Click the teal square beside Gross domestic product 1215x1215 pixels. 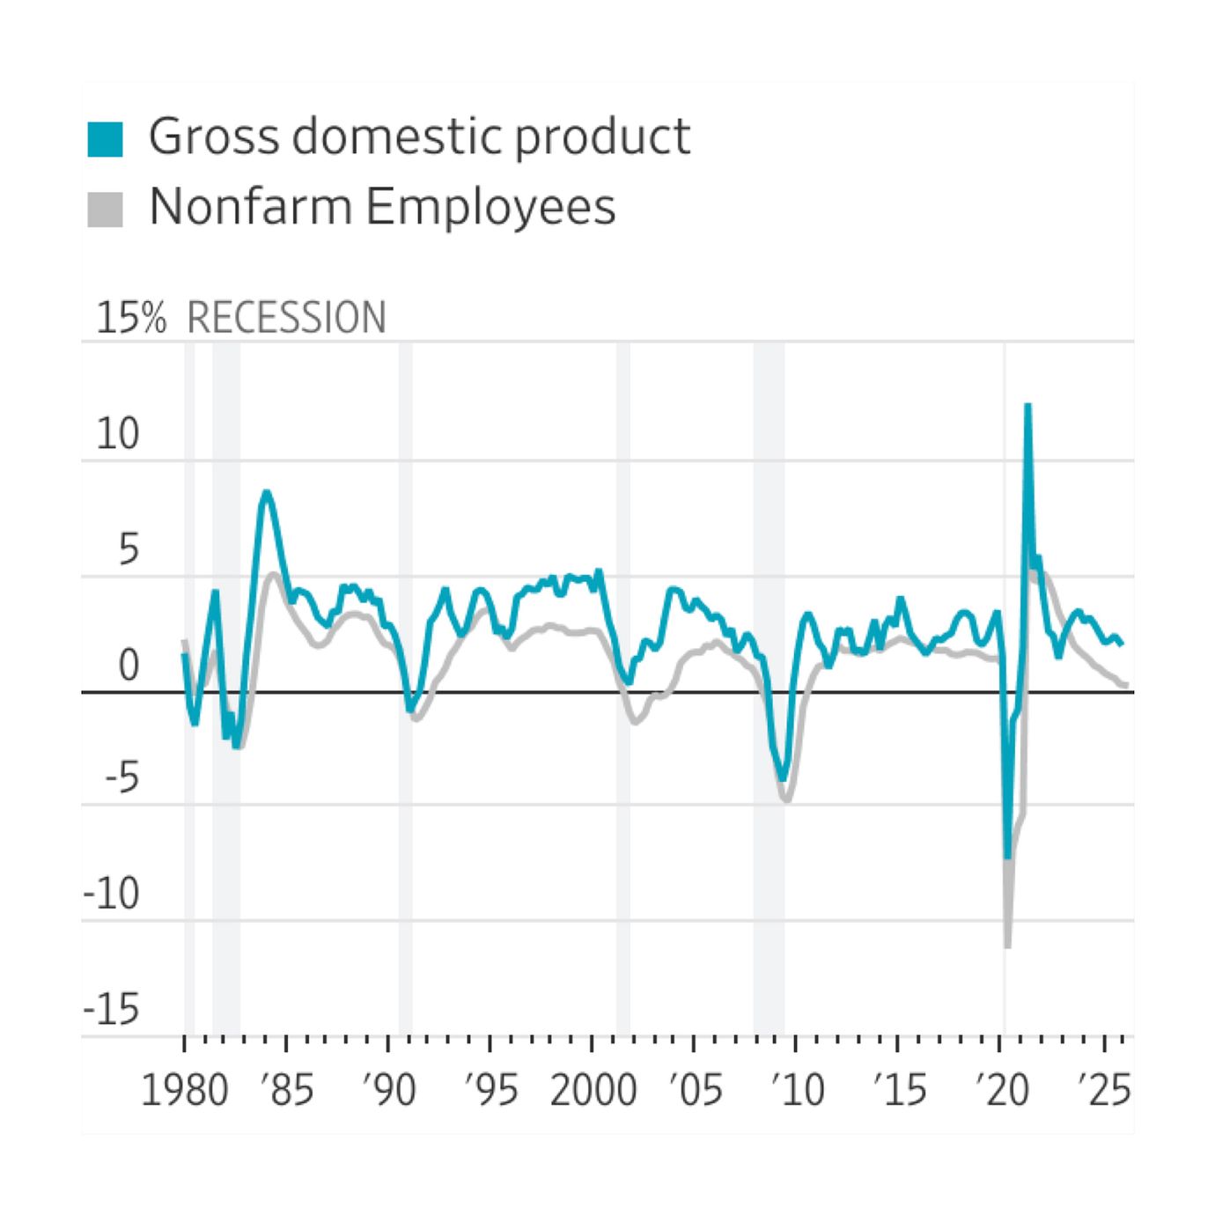click(105, 139)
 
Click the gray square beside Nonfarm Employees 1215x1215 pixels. click(105, 210)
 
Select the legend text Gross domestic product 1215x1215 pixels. click(419, 136)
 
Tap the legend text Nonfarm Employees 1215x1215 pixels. click(382, 207)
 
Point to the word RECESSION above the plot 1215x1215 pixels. click(286, 318)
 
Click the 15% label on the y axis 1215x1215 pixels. click(130, 318)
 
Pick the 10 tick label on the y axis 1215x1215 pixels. click(118, 434)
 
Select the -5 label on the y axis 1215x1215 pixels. click(121, 779)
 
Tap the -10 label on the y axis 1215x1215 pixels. click(111, 895)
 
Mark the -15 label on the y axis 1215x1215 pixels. click(111, 1010)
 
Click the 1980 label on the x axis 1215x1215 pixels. click(185, 1091)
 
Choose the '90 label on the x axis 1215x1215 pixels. click(389, 1091)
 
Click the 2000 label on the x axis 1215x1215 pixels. click(593, 1091)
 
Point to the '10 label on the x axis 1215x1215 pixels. click(798, 1091)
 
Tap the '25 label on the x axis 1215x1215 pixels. click(1104, 1091)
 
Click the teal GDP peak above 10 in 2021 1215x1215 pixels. click(1027, 406)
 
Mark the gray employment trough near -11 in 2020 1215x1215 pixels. click(1007, 946)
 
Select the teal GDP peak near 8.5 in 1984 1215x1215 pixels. click(266, 493)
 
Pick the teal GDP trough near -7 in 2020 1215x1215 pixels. click(1007, 856)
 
